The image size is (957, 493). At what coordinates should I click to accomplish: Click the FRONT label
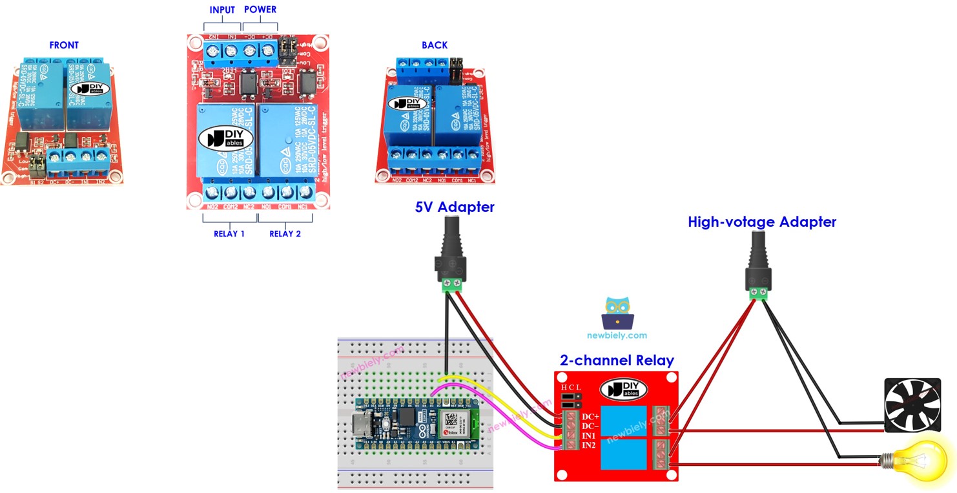click(x=64, y=45)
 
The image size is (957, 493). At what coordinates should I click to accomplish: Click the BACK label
click(x=435, y=45)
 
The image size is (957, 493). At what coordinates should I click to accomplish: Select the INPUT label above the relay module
click(x=222, y=10)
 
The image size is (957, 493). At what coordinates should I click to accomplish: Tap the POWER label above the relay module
click(x=260, y=10)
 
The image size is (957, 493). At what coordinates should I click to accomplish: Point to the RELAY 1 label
click(x=229, y=234)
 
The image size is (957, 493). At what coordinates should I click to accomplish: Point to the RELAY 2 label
click(x=285, y=234)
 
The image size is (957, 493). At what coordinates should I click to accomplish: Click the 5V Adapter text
click(x=455, y=207)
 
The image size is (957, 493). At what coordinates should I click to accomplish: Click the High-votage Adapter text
click(x=762, y=222)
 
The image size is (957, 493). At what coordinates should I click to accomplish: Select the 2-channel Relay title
click(x=617, y=361)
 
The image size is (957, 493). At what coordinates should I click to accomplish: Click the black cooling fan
click(x=912, y=405)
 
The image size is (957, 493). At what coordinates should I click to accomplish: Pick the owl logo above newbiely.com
click(x=617, y=313)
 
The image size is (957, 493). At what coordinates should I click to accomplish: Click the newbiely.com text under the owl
click(x=617, y=335)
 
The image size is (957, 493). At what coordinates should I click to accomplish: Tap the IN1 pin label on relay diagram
click(x=590, y=436)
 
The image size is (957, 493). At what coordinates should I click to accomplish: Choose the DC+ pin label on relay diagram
click(x=590, y=417)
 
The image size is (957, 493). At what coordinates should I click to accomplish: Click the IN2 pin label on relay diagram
click(x=590, y=446)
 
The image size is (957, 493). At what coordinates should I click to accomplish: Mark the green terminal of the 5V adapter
click(x=451, y=285)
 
